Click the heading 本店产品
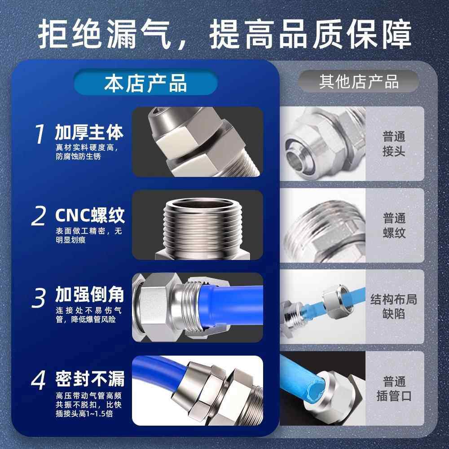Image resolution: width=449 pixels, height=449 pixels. pyautogui.click(x=145, y=84)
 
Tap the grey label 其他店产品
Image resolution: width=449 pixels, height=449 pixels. pyautogui.click(x=359, y=82)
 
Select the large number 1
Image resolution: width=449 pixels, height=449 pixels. pyautogui.click(x=40, y=134)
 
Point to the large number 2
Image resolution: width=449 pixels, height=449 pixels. pyautogui.click(x=39, y=216)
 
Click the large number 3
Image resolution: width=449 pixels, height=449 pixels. pyautogui.click(x=40, y=298)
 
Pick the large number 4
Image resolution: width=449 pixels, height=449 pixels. pyautogui.click(x=39, y=381)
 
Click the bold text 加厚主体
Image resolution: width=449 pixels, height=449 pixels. pyautogui.click(x=89, y=133)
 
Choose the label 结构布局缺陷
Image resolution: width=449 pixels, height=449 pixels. pyautogui.click(x=394, y=306)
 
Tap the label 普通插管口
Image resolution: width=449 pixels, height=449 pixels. pyautogui.click(x=394, y=389)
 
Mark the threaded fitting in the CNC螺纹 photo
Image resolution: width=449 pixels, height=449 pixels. pyautogui.click(x=198, y=224)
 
